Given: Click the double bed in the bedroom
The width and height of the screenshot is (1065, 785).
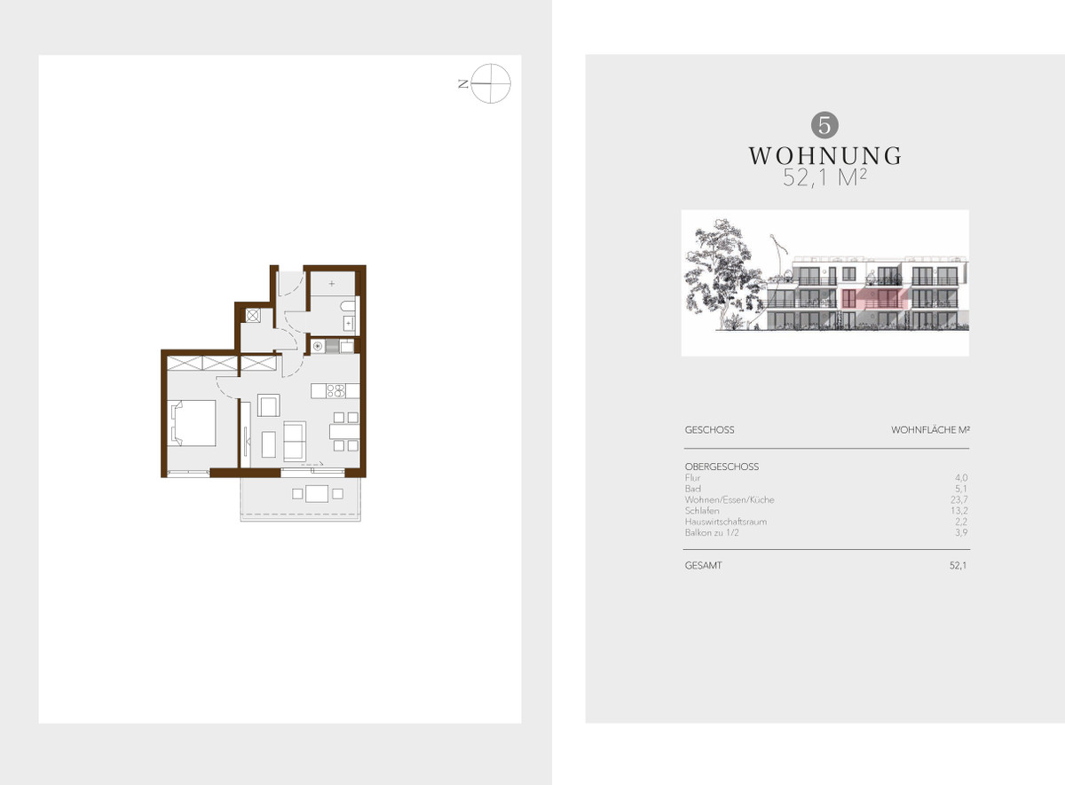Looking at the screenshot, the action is (192, 423).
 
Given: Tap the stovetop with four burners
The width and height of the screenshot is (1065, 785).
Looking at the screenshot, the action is (335, 391).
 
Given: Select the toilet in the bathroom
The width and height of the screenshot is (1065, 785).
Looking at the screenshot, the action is (349, 306).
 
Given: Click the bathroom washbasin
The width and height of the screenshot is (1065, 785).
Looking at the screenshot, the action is (349, 324).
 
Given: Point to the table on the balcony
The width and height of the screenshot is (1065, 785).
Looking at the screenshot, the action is (317, 494).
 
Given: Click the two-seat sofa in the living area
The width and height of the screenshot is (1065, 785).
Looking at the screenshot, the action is (295, 442).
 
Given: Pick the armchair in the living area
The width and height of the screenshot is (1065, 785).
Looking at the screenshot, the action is (269, 405).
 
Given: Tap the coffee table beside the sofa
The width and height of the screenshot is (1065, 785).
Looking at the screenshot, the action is (269, 444).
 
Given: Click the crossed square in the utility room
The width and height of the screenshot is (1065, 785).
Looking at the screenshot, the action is (252, 315).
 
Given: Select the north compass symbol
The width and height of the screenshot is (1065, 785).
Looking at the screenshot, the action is (490, 83).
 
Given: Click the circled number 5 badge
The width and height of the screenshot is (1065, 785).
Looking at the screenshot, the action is (824, 125).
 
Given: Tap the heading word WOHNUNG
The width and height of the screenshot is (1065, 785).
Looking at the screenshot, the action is (824, 156).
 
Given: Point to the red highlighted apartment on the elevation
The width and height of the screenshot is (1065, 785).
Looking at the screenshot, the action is (875, 298).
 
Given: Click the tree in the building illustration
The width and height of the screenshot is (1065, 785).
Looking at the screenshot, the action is (721, 273).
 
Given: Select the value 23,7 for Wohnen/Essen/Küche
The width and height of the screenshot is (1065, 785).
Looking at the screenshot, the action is (959, 500).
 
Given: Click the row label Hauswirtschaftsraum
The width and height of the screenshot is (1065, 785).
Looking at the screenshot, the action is (726, 522).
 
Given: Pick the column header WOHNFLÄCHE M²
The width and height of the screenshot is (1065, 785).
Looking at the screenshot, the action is (930, 430).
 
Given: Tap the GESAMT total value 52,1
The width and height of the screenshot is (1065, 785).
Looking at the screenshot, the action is (958, 566).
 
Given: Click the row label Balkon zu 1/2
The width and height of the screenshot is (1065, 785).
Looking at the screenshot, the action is (712, 533).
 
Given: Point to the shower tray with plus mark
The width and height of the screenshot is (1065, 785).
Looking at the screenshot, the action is (332, 284).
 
